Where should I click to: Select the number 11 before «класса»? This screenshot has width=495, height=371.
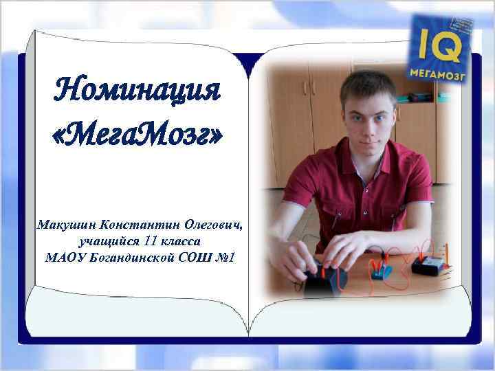tap(153, 241)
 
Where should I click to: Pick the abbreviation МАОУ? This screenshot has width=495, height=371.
tap(64, 258)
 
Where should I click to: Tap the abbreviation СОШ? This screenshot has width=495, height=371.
tap(198, 258)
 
